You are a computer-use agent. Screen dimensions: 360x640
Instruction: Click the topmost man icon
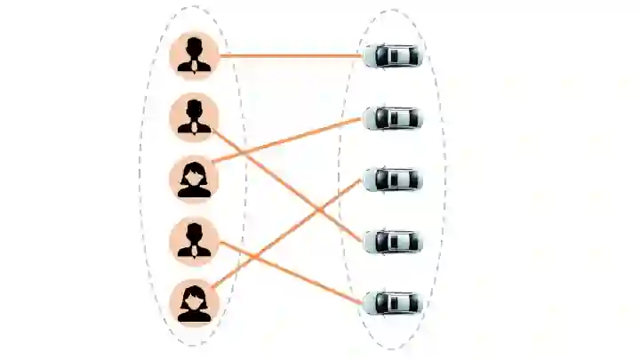pos(194,55)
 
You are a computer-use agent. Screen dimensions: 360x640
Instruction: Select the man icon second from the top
pos(194,116)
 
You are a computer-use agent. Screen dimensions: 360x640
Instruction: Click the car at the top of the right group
pos(393,56)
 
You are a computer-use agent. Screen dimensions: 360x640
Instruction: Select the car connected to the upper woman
pos(393,117)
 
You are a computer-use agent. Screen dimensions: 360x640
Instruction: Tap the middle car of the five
pos(393,180)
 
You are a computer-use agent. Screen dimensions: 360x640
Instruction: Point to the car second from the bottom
pos(393,241)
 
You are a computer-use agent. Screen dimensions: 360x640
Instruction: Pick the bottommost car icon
pos(393,302)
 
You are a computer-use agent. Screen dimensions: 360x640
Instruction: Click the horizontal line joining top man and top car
pos(293,56)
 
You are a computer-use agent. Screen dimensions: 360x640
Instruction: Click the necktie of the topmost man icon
pos(194,63)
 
